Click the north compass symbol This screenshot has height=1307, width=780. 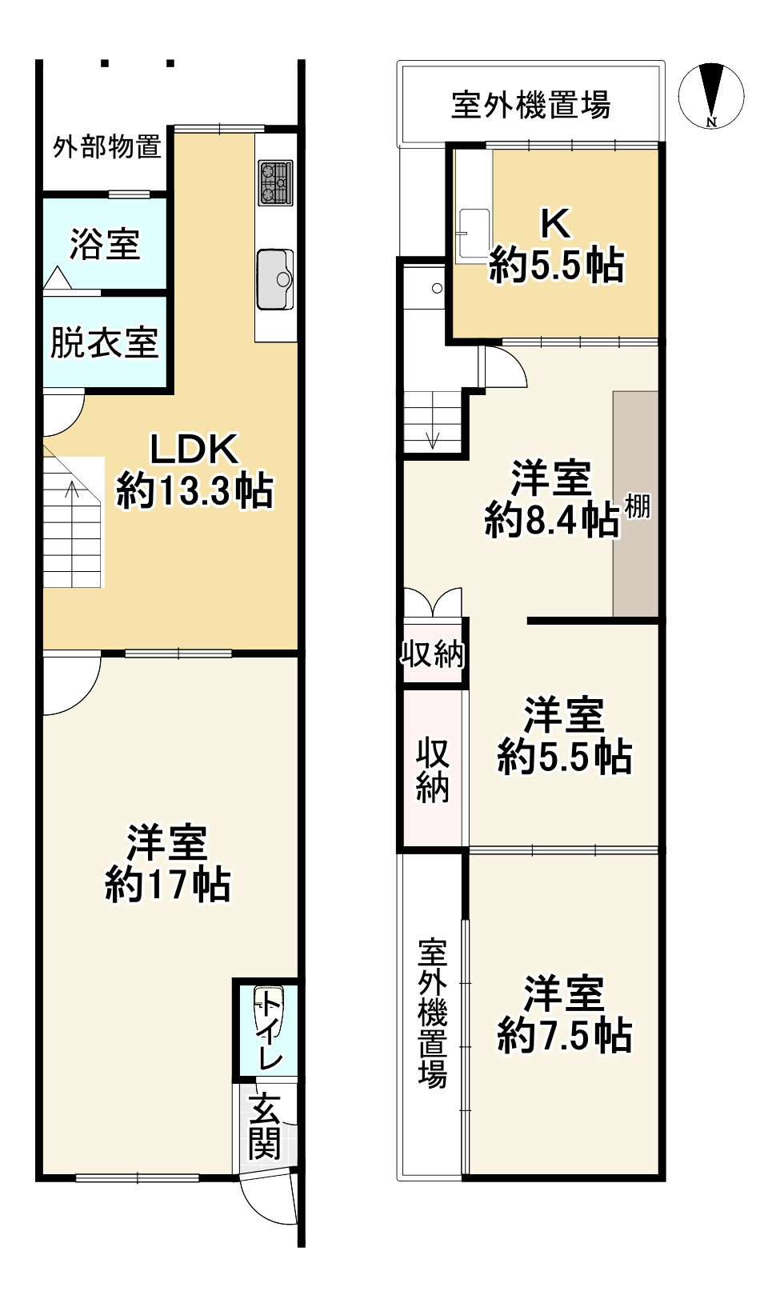pyautogui.click(x=710, y=96)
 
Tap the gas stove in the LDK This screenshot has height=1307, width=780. pyautogui.click(x=275, y=182)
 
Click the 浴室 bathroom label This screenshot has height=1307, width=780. pyautogui.click(x=105, y=244)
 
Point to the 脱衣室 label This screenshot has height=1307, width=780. pyautogui.click(x=104, y=343)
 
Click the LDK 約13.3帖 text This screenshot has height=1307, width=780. pyautogui.click(x=194, y=471)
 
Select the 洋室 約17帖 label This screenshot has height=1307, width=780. pyautogui.click(x=168, y=864)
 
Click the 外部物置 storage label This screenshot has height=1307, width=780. pyautogui.click(x=106, y=147)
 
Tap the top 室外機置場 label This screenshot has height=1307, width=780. pyautogui.click(x=530, y=105)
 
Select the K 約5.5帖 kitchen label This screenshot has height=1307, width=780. pyautogui.click(x=557, y=245)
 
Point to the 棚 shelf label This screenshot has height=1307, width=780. pyautogui.click(x=638, y=506)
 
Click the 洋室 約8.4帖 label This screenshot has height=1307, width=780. pyautogui.click(x=552, y=499)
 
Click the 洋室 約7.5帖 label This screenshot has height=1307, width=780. pyautogui.click(x=565, y=1015)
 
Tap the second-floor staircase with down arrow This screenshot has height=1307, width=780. pyautogui.click(x=433, y=421)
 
